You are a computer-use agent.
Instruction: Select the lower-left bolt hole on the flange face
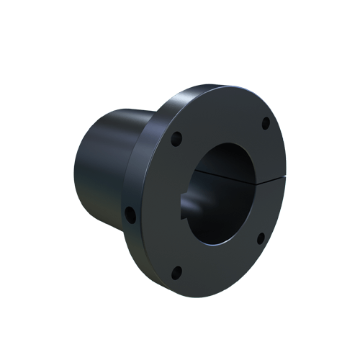pyautogui.click(x=178, y=271)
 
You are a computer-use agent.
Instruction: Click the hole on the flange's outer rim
pyautogui.click(x=130, y=213)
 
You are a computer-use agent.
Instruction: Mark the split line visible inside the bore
pyautogui.click(x=216, y=173)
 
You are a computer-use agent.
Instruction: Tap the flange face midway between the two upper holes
pyautogui.click(x=220, y=121)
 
